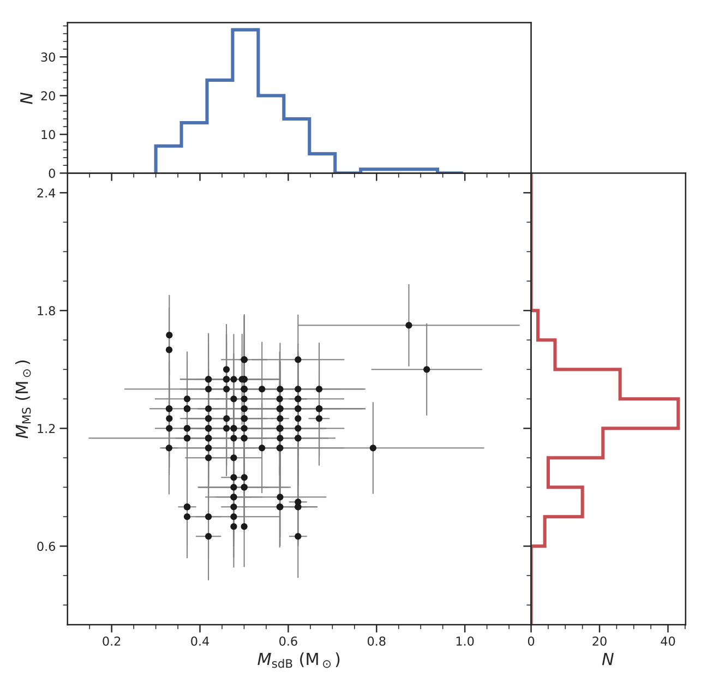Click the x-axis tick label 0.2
pos(111,641)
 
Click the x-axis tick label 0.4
pos(200,641)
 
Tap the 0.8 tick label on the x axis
pos(376,641)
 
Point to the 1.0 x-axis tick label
pos(465,641)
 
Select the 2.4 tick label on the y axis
pos(46,193)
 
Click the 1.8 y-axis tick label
pos(46,311)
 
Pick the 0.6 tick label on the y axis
pos(46,547)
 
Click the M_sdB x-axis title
pos(298,661)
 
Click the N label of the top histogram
pos(26,98)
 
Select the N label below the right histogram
pos(607,661)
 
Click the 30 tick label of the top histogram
pos(48,57)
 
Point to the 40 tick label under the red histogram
pos(668,641)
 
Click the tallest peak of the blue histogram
pos(245,29)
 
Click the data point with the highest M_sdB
pos(427,369)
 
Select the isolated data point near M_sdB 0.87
pos(409,325)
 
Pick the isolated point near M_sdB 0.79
pos(373,448)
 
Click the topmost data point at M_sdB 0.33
pos(169,335)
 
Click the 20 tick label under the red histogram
pos(600,641)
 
